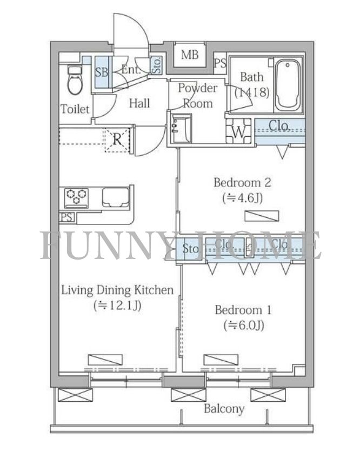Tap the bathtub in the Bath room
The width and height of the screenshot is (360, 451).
[x=288, y=86]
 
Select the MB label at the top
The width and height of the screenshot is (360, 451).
[x=190, y=55]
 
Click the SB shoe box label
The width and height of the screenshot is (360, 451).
[x=102, y=72]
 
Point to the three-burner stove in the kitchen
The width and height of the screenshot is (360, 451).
[x=76, y=197]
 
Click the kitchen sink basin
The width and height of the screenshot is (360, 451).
[x=116, y=197]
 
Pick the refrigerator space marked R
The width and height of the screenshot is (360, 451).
[x=117, y=140]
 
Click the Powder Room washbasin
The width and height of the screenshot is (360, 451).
[x=181, y=129]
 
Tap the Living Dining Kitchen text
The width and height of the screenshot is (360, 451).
[x=118, y=290]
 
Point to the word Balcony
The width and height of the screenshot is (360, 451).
[x=224, y=408]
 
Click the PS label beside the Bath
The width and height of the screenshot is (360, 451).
[x=221, y=63]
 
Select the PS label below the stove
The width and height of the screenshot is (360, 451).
[x=66, y=217]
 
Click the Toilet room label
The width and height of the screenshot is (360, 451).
[x=75, y=109]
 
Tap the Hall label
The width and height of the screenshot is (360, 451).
[x=139, y=103]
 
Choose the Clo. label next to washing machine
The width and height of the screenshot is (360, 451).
[x=278, y=125]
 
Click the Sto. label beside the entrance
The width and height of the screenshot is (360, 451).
[x=157, y=65]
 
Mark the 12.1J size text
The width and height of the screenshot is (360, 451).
[x=117, y=305]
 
